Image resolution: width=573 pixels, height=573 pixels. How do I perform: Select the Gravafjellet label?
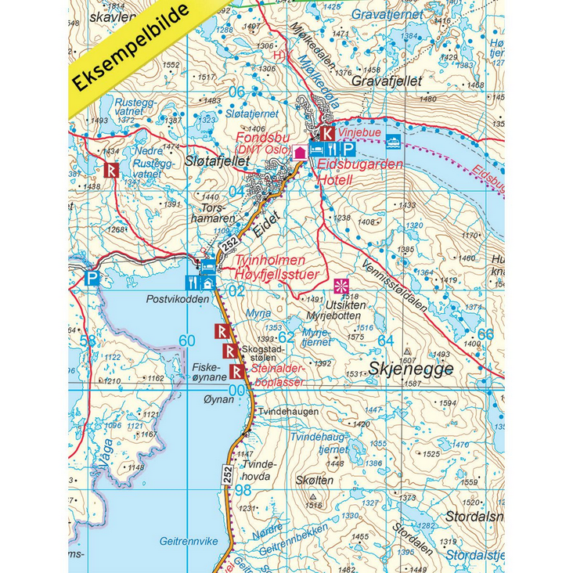pos(387,81)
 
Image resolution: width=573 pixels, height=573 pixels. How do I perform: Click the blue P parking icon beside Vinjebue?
pos(349,148)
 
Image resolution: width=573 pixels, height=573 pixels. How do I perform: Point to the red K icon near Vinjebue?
pos(327,134)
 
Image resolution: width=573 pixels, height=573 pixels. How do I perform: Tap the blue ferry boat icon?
pos(393,141)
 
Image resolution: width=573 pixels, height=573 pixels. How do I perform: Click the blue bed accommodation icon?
pos(316,148)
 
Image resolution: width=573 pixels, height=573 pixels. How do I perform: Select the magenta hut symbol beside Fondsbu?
pos(299,153)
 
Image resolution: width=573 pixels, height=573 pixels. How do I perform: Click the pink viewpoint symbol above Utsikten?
pos(341,285)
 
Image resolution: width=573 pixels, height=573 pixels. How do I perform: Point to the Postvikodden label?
pos(177,299)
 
